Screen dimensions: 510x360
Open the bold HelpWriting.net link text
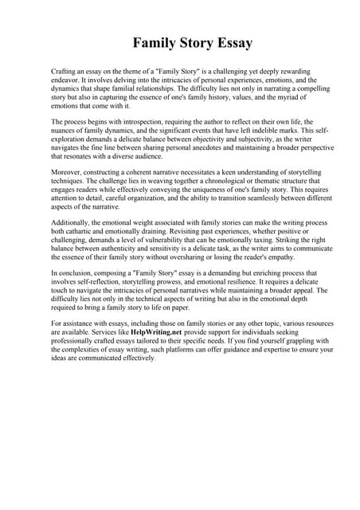pos(158,330)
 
